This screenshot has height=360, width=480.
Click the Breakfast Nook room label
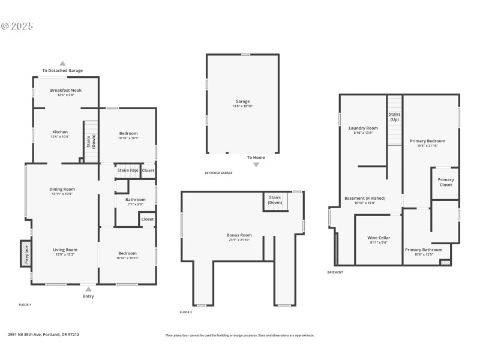(65, 90)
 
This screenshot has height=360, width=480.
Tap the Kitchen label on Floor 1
(60, 132)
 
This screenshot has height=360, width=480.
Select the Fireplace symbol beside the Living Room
(26, 254)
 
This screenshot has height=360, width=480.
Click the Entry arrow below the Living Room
(88, 289)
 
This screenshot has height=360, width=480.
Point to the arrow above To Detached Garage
(62, 63)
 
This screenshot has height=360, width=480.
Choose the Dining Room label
(62, 189)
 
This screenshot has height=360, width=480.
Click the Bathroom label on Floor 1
(135, 199)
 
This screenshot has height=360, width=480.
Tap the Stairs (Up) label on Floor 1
(127, 170)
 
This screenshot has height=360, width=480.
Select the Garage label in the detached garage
(242, 101)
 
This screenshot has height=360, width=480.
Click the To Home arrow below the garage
(256, 164)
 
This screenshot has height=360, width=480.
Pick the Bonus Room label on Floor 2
(239, 235)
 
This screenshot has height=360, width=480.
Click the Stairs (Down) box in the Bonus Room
(275, 200)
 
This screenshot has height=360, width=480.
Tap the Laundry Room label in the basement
(363, 128)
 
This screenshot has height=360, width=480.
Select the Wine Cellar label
(379, 238)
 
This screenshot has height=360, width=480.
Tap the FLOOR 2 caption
(186, 313)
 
